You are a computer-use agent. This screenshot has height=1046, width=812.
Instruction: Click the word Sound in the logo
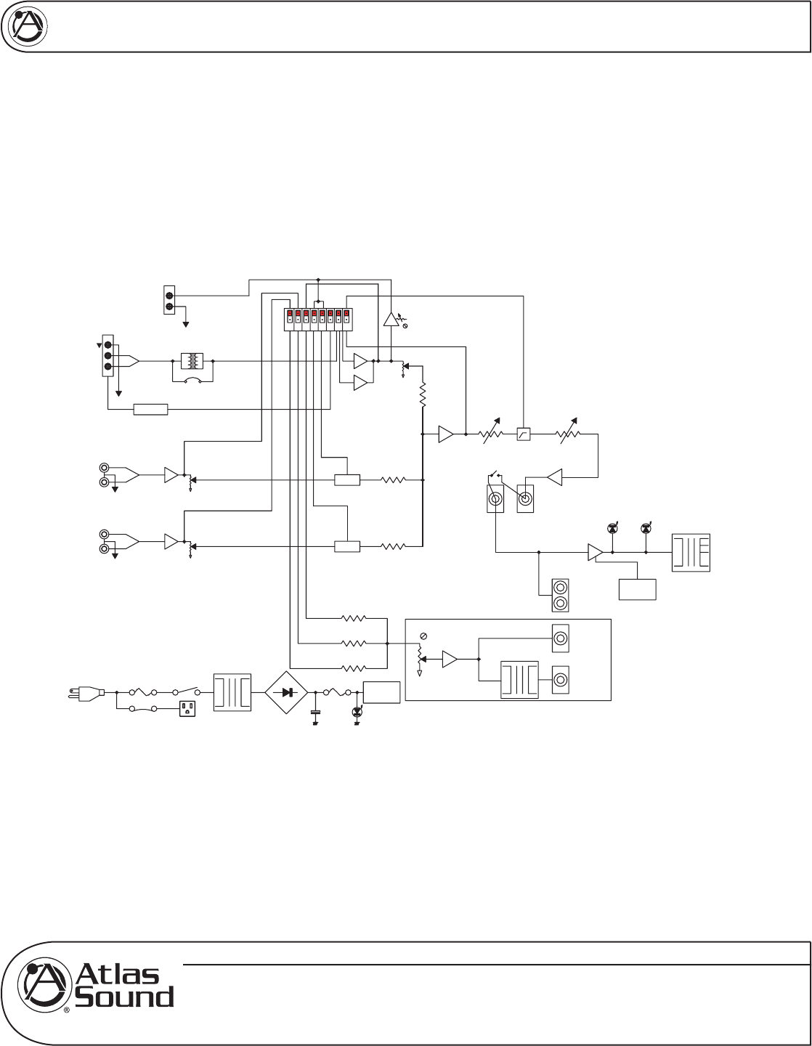coord(124,997)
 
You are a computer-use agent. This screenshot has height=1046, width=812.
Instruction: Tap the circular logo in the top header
coord(28,26)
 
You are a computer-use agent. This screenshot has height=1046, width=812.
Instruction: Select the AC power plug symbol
coord(87,693)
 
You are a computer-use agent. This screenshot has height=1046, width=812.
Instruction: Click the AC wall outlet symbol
coord(187,708)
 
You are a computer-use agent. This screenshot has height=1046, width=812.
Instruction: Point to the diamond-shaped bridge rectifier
coord(287,693)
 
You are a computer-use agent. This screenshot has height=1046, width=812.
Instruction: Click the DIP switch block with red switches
coord(318,320)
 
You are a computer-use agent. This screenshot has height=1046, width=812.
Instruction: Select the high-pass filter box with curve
coord(523,434)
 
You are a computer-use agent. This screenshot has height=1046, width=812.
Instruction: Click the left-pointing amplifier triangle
coord(554,477)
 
